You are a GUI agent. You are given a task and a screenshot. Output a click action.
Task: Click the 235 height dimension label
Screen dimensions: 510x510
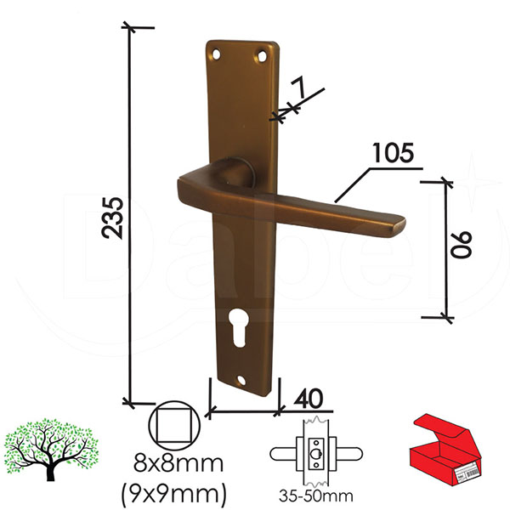pos(112,218)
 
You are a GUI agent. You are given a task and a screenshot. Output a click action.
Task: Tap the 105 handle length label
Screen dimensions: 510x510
pos(394,152)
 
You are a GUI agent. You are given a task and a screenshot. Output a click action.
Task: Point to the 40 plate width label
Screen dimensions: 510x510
pos(309,398)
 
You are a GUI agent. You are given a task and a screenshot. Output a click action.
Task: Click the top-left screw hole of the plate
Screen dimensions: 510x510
pos(216,54)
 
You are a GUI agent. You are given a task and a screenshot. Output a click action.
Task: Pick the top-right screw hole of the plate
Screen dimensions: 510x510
pos(262,57)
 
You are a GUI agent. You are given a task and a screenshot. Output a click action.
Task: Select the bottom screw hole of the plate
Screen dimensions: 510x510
pos(241,379)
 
